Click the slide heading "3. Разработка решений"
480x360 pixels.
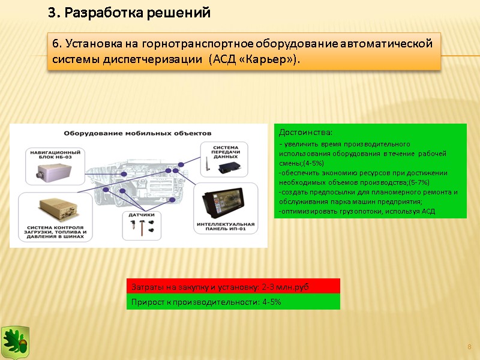click(x=129, y=13)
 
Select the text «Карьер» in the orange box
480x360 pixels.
click(x=271, y=61)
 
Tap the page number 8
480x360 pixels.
click(x=469, y=347)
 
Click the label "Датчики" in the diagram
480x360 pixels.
click(x=142, y=214)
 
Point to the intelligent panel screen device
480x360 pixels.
click(x=225, y=202)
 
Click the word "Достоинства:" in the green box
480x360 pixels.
click(x=306, y=132)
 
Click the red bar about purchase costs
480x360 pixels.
click(x=233, y=287)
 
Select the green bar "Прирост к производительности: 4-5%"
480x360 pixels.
click(x=233, y=302)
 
